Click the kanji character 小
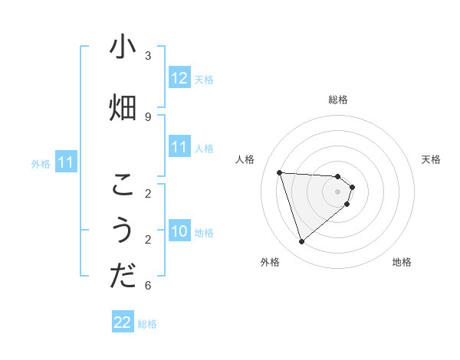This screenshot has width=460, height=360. pyautogui.click(x=123, y=47)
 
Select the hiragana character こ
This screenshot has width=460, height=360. pyautogui.click(x=123, y=185)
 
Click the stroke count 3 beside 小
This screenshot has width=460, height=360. pyautogui.click(x=148, y=55)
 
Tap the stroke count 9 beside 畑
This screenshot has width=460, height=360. pyautogui.click(x=148, y=116)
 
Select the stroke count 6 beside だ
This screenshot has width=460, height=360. pyautogui.click(x=148, y=286)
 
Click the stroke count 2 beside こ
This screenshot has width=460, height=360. pyautogui.click(x=148, y=193)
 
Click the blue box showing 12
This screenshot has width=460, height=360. pyautogui.click(x=179, y=78)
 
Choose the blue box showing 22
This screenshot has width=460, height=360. pyautogui.click(x=123, y=323)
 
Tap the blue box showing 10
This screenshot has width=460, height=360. pyautogui.click(x=179, y=231)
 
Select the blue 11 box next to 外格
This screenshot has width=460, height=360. pyautogui.click(x=66, y=162)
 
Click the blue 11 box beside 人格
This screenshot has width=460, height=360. pyautogui.click(x=179, y=147)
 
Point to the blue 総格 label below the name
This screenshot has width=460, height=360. pyautogui.click(x=147, y=324)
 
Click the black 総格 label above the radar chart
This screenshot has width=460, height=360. pyautogui.click(x=338, y=100)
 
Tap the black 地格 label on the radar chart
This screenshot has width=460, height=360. pyautogui.click(x=402, y=262)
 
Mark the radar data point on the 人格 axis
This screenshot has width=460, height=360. pyautogui.click(x=279, y=172)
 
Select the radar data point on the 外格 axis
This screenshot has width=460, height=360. pyautogui.click(x=301, y=242)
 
